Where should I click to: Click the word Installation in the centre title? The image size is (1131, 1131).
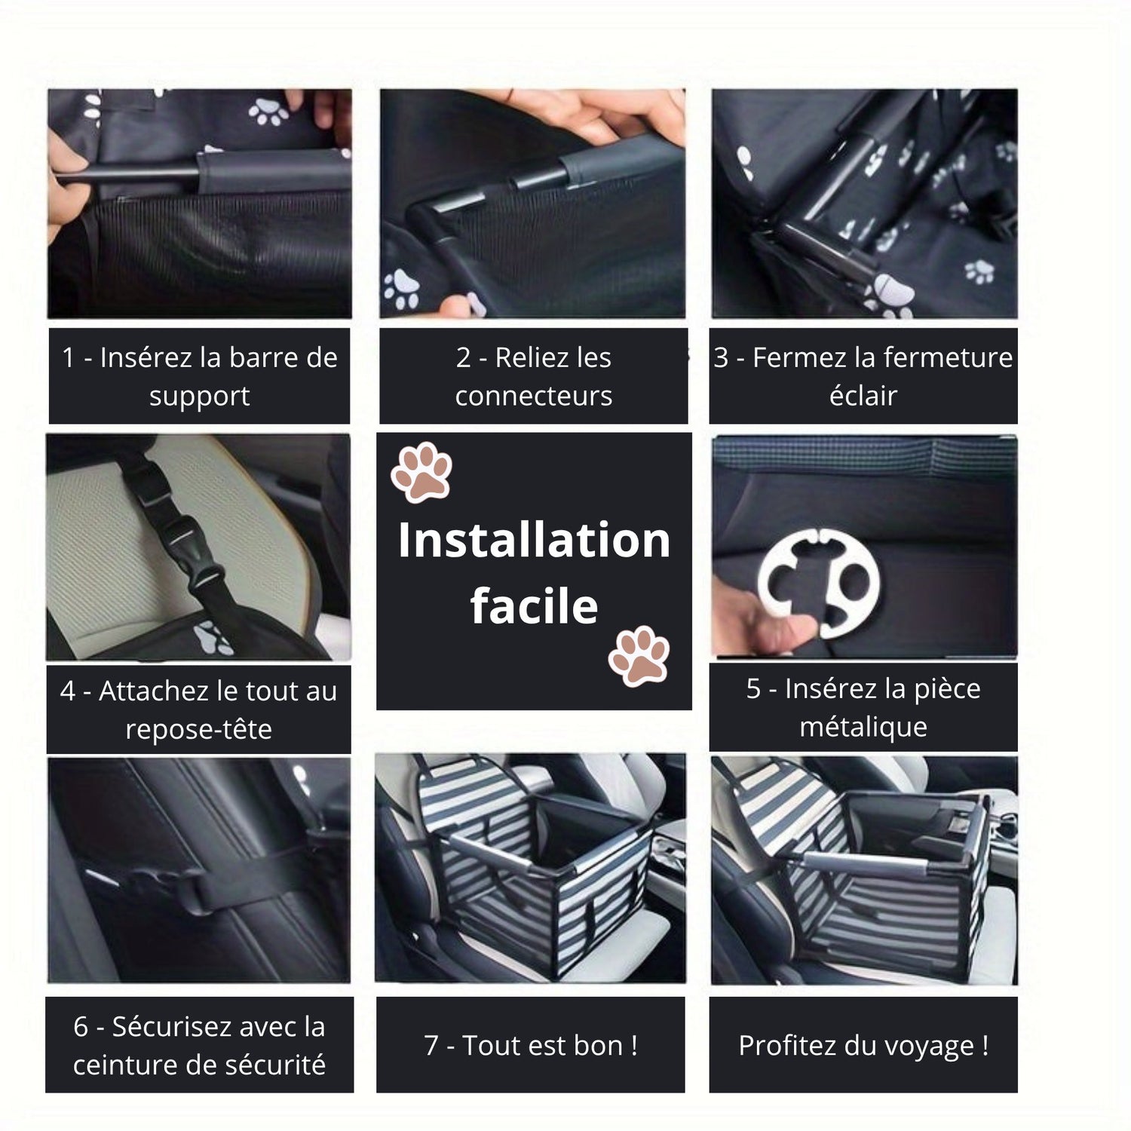534,540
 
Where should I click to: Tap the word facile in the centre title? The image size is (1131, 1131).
534,605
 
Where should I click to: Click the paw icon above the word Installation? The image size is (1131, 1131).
421,471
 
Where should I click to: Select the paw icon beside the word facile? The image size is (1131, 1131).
639,655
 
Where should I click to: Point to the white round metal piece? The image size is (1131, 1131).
818,582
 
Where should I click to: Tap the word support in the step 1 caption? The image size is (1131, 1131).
199,397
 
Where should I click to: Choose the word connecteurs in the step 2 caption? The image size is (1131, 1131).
534,396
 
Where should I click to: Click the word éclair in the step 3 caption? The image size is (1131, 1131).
863,395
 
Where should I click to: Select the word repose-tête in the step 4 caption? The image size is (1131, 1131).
198,729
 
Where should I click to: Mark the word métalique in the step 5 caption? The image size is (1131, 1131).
863,727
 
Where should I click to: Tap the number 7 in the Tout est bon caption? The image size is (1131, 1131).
431,1046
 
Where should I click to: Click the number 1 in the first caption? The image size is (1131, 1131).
69,357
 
